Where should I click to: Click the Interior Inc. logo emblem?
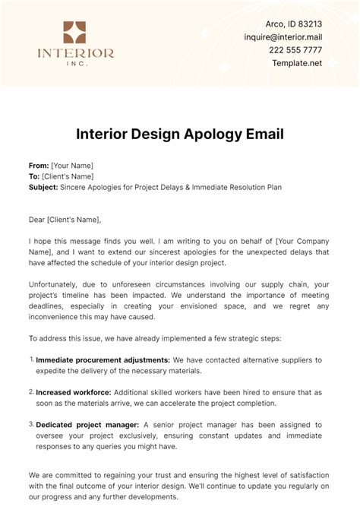(x=75, y=32)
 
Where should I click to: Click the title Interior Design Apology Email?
(x=179, y=135)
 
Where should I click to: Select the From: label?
(x=38, y=165)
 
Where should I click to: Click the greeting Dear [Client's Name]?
(x=65, y=220)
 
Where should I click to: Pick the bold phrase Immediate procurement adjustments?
(x=103, y=360)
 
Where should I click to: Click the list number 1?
(x=31, y=359)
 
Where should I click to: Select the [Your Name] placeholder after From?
(x=72, y=165)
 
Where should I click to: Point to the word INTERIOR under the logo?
(x=75, y=54)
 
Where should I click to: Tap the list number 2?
(x=31, y=392)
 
